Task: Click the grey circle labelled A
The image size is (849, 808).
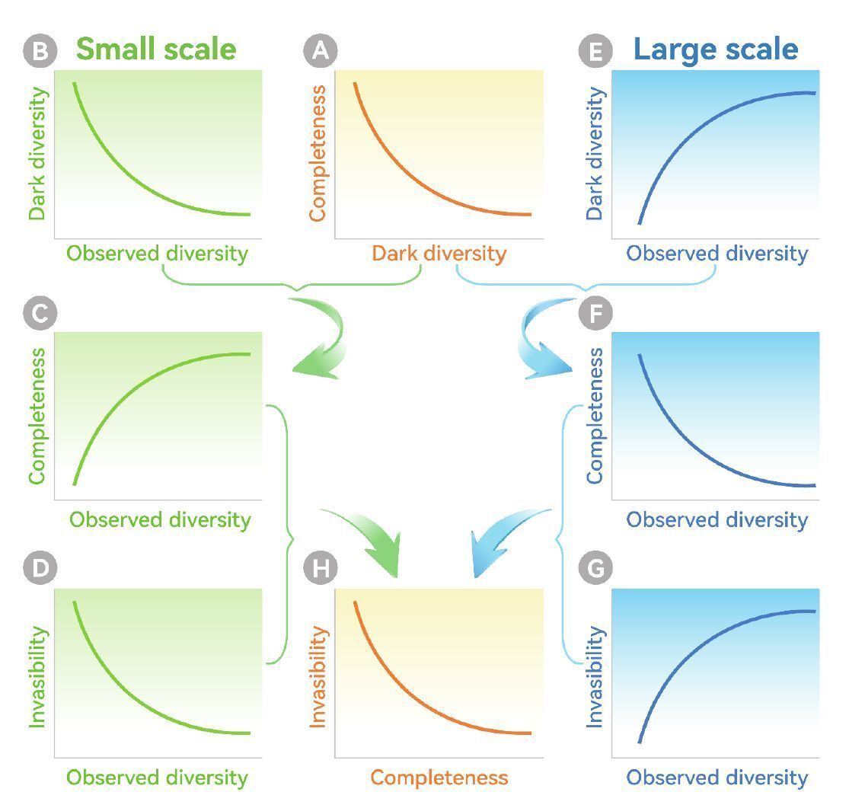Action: point(321,51)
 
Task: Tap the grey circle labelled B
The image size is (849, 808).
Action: point(40,51)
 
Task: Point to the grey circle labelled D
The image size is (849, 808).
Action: point(40,569)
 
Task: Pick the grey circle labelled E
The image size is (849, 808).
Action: point(595,51)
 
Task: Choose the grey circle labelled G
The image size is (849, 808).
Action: point(595,569)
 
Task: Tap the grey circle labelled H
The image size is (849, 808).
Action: point(321,569)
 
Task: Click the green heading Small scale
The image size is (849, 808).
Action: point(156,50)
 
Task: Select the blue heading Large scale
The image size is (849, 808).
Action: point(716,50)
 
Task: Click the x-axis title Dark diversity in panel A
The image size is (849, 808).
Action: point(439,254)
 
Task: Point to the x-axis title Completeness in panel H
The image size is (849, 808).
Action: point(439,778)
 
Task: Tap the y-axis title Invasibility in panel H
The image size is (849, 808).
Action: point(318,676)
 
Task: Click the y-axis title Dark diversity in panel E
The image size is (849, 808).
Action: point(595,154)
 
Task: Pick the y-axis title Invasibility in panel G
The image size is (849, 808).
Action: point(595,676)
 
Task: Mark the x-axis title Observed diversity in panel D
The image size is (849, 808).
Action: point(158,778)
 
